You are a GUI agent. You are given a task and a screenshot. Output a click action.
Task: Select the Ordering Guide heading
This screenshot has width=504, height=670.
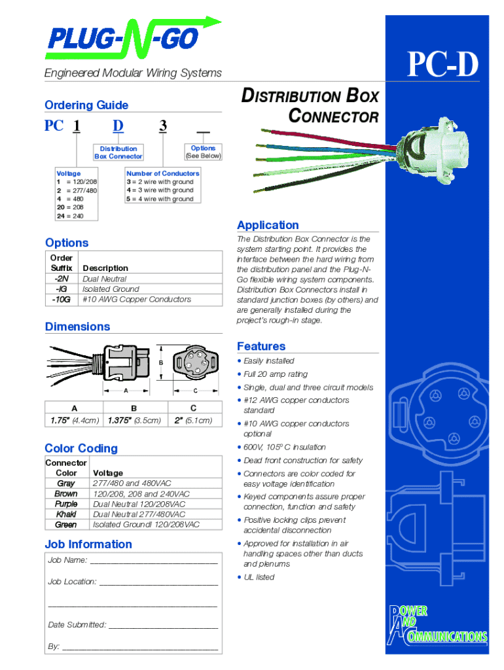86,105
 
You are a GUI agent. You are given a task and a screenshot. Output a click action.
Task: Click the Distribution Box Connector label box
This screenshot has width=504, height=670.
118,152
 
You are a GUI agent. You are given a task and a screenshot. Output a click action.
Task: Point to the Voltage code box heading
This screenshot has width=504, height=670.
69,173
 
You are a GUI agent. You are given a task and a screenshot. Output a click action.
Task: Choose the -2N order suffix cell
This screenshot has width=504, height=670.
62,279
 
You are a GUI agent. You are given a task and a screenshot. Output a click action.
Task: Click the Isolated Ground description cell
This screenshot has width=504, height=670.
111,289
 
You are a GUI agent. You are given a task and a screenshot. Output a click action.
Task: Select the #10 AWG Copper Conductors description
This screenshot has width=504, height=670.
137,300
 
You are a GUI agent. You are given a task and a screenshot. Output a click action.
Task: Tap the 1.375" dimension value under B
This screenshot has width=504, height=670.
134,420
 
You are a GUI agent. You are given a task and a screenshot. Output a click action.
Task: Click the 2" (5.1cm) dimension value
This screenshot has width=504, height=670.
194,420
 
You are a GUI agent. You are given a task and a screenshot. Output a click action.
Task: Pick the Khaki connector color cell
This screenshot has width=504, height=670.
66,514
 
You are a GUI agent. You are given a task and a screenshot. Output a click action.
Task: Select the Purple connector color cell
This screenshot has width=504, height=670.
66,504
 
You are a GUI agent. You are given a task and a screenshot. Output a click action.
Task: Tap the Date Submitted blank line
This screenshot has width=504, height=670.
163,626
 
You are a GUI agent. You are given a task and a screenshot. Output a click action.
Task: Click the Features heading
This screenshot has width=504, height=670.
261,346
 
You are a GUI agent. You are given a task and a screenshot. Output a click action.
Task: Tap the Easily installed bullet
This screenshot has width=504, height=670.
269,361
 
